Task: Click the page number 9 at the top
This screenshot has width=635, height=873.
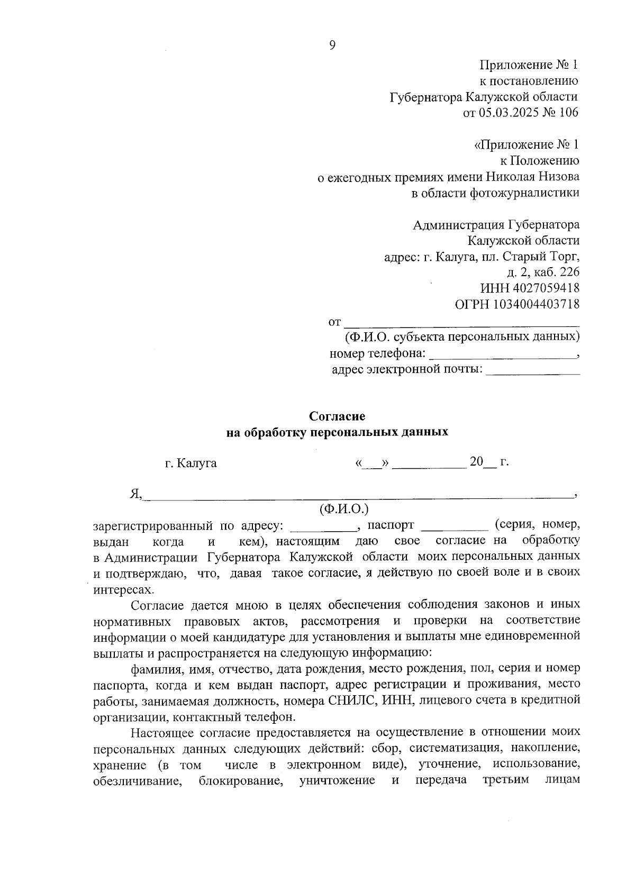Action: (332, 46)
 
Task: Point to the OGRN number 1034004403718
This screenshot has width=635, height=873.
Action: (537, 304)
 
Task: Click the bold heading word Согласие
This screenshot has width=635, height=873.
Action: (337, 416)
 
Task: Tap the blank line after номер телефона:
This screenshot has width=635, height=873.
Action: (502, 357)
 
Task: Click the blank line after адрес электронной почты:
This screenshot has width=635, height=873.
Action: (532, 372)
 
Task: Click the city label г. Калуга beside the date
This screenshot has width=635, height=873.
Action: (191, 463)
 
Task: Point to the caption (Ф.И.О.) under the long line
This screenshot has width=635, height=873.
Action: (344, 509)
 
